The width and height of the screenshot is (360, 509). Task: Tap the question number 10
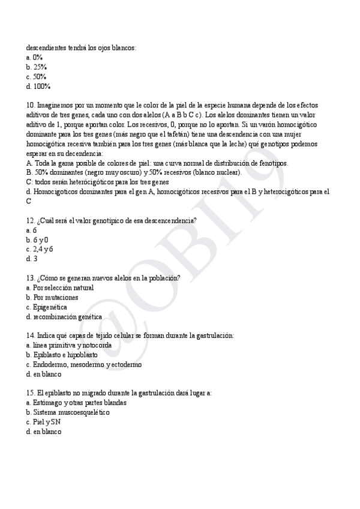(x=31, y=105)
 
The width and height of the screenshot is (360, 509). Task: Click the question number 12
(x=31, y=220)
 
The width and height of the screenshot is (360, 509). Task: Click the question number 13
(x=31, y=278)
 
